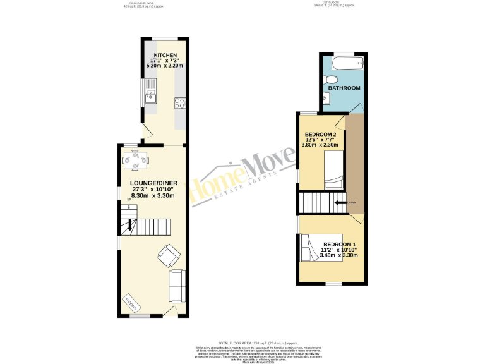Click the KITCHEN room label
[164, 56]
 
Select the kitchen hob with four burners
[179, 102]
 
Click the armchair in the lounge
[167, 256]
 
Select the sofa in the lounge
[177, 286]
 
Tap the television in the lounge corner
[131, 303]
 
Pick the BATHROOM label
[343, 88]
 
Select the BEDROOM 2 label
[324, 135]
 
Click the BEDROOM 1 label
[340, 244]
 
